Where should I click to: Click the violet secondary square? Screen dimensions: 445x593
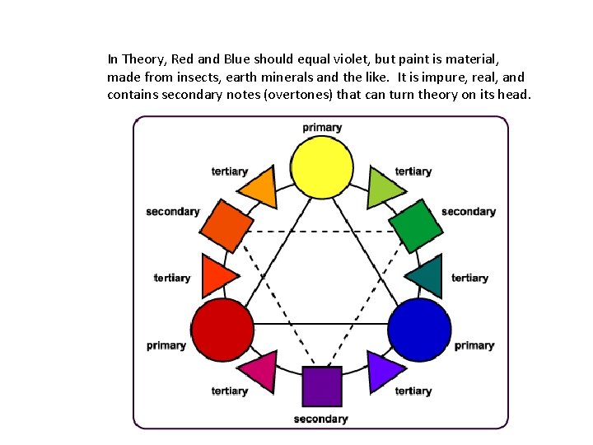click(321, 386)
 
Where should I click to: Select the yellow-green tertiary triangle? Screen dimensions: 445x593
click(382, 189)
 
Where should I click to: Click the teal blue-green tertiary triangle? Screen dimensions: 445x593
click(427, 276)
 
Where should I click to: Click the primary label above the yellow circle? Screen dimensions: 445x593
click(322, 128)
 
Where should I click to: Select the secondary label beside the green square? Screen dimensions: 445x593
click(468, 212)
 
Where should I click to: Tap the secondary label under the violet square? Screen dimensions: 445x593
click(321, 419)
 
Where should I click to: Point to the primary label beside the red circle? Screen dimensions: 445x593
click(166, 345)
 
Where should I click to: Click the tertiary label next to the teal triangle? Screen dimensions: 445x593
click(469, 278)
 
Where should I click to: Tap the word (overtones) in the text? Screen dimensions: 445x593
click(304, 95)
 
